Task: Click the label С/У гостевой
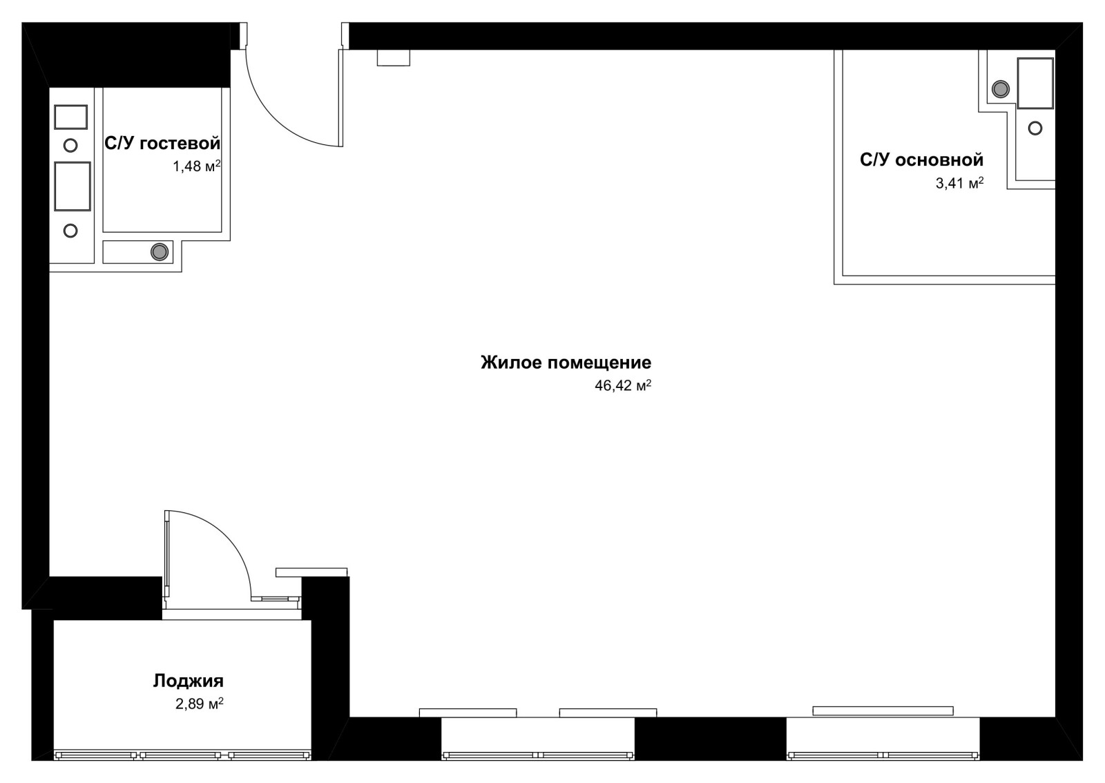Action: pos(162,144)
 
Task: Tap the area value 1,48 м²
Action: pos(196,166)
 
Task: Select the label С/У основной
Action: pos(921,159)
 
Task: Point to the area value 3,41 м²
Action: pos(959,183)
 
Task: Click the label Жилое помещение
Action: pos(566,362)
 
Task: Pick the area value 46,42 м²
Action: pos(622,385)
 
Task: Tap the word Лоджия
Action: pos(188,681)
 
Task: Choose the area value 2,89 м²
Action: pos(200,703)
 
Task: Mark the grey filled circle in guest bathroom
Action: pos(160,252)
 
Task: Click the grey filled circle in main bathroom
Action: pos(1001,89)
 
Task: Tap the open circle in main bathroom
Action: pos(1035,128)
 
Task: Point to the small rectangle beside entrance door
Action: pos(394,57)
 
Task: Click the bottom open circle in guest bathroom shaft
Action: pos(70,230)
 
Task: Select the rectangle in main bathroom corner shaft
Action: pos(1035,83)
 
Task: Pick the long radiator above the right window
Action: pos(883,710)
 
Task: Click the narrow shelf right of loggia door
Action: pos(311,572)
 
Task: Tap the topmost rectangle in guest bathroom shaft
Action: pos(70,117)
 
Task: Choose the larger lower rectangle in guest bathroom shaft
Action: pos(72,186)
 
